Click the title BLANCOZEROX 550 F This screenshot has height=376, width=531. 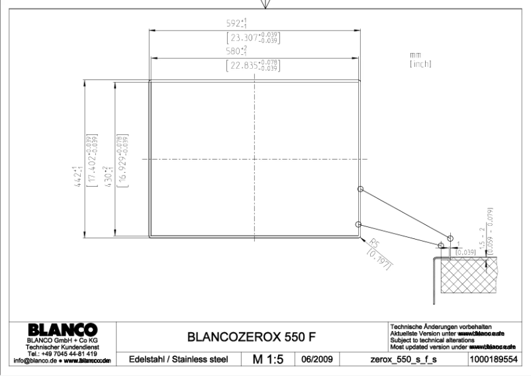point(243,338)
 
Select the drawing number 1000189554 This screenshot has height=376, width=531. point(490,360)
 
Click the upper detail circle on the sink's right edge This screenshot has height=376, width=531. point(360,189)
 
